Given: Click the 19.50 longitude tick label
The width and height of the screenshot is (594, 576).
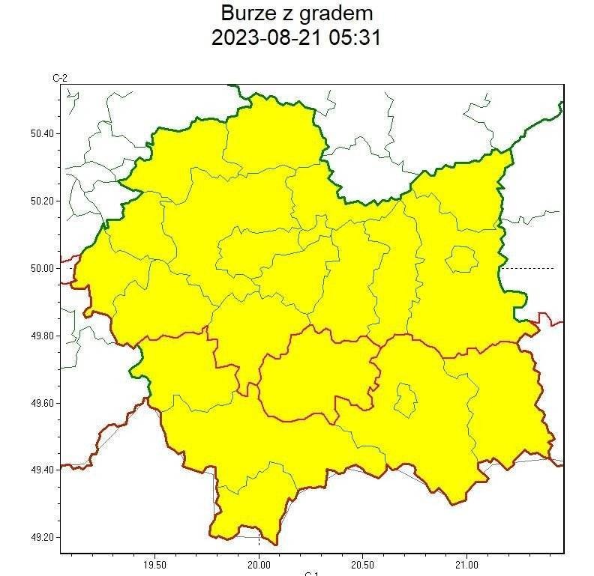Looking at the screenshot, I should pyautogui.click(x=154, y=563).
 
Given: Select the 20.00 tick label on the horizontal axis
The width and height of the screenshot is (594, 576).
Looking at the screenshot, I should pyautogui.click(x=259, y=563).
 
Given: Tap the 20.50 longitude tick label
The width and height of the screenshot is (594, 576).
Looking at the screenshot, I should pyautogui.click(x=363, y=563).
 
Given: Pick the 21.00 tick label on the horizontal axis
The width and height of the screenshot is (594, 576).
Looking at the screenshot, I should pyautogui.click(x=466, y=563).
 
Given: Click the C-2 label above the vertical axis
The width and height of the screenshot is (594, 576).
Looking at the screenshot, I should pyautogui.click(x=60, y=78).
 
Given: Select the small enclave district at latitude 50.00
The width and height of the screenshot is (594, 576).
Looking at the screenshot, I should pyautogui.click(x=461, y=260).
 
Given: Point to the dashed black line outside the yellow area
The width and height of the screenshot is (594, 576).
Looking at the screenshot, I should pyautogui.click(x=528, y=268).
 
